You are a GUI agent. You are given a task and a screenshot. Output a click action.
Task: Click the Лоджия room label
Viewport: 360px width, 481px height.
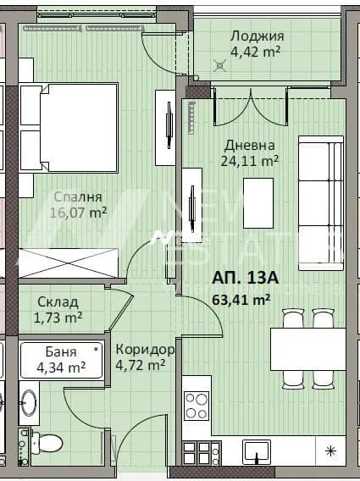point(257,36)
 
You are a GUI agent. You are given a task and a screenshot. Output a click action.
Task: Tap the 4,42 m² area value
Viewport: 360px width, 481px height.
point(255,52)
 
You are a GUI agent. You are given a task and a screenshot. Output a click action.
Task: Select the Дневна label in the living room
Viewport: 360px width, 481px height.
point(249,146)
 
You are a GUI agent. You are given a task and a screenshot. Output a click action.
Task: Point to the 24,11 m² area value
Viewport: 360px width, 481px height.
point(250,160)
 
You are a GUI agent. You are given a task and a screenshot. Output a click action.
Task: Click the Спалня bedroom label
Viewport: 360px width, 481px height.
point(78,197)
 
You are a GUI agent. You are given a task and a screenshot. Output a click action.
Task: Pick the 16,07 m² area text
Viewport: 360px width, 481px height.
point(78,213)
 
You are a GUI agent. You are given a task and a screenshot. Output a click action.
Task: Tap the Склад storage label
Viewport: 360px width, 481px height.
point(58,302)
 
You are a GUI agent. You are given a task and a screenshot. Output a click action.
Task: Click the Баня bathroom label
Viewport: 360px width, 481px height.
point(61,351)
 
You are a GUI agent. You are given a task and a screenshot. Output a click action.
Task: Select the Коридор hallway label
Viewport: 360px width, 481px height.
point(145,350)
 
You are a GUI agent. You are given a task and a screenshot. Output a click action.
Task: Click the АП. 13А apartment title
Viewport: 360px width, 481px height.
point(245,279)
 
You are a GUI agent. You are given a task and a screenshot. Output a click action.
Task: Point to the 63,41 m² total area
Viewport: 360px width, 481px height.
point(241,300)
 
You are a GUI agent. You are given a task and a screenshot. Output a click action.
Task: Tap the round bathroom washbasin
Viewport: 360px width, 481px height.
point(29,403)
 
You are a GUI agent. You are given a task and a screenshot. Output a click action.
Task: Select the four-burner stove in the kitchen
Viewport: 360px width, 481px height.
point(197,406)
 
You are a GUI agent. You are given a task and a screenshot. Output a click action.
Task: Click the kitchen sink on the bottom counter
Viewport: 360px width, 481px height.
point(257,453)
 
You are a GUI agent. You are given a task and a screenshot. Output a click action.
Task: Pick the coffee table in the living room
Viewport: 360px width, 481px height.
point(258,203)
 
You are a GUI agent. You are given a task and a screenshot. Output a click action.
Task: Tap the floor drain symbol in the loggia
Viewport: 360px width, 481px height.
point(219,66)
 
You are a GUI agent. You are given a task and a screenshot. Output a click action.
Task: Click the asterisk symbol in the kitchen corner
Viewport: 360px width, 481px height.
point(330,451)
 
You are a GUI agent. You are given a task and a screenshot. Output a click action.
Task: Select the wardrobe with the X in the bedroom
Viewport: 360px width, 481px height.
point(69,263)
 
